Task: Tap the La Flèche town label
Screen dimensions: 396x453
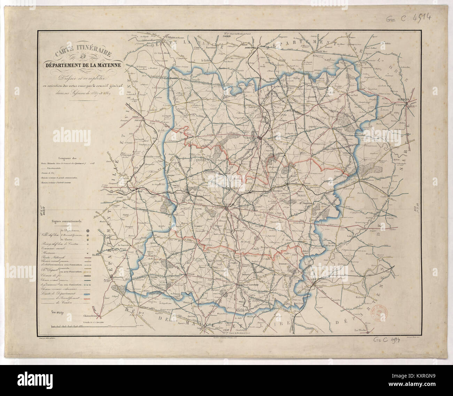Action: pos(361,330)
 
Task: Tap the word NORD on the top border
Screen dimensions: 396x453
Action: pos(228,38)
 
